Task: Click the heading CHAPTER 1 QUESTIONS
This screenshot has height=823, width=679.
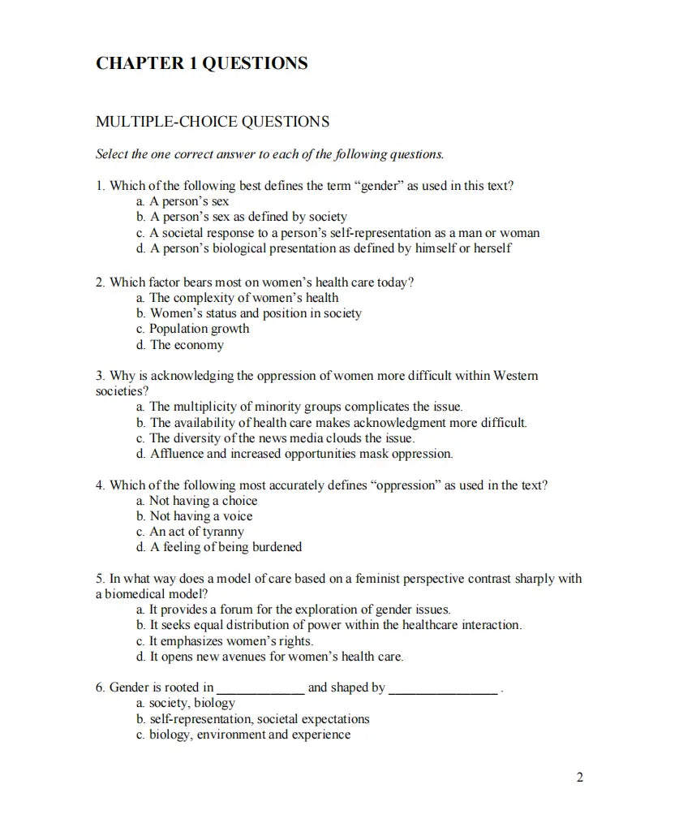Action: point(201,63)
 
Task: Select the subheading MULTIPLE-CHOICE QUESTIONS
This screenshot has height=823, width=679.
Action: point(213,122)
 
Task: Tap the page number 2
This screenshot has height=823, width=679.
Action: point(579,778)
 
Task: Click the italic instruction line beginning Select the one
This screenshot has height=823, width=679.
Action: point(269,153)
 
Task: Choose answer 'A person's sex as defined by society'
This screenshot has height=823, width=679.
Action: point(247,217)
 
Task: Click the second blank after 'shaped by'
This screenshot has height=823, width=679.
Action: point(444,688)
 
